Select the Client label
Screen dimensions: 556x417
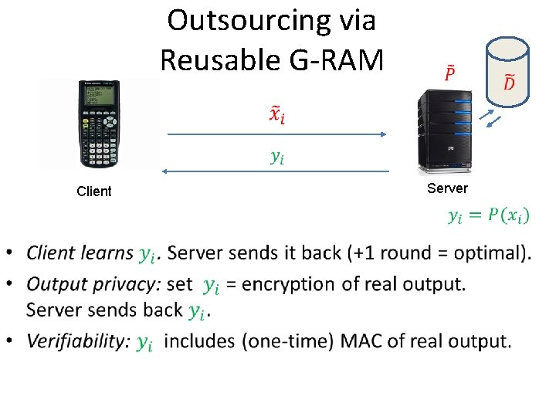[x=94, y=192]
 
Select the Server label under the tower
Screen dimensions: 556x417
[x=447, y=188]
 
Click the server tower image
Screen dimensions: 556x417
[x=444, y=132]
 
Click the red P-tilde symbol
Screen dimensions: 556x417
[x=449, y=74]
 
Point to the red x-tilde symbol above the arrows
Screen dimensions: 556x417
[x=276, y=115]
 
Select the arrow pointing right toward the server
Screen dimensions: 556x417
[x=276, y=134]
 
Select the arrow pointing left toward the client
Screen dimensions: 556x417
[x=276, y=170]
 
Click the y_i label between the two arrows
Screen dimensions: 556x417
[x=276, y=158]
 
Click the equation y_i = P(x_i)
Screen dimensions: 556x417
[x=489, y=215]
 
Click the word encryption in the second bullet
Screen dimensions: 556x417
[x=287, y=284]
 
